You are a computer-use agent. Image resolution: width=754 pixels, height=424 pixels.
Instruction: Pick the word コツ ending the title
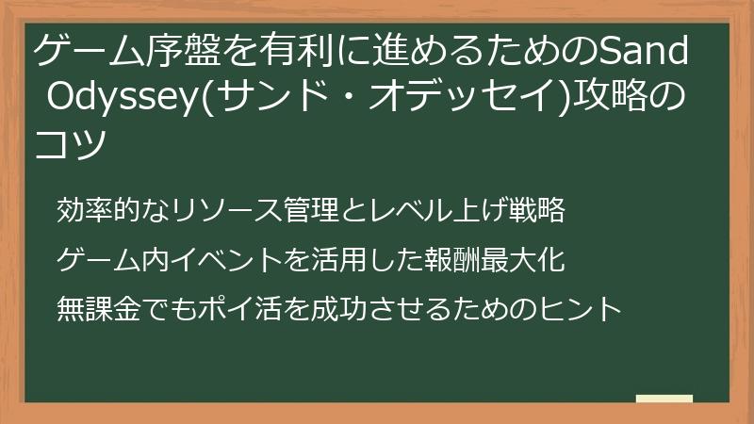click(68, 144)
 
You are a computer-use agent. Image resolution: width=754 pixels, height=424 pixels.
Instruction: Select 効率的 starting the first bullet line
click(98, 210)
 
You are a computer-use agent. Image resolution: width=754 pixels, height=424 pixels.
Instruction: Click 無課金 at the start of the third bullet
click(98, 308)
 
